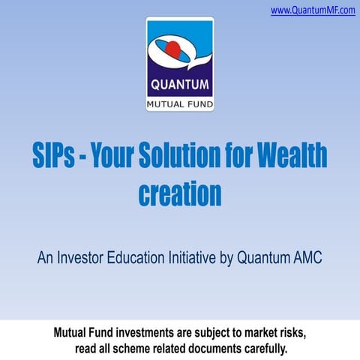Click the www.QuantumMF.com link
tap(313, 10)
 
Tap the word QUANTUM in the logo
tap(179, 84)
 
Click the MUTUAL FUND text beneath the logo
tap(180, 102)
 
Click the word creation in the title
tap(180, 193)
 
